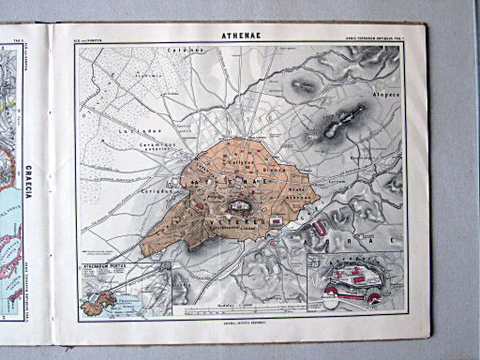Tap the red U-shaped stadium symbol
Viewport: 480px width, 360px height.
point(318,226)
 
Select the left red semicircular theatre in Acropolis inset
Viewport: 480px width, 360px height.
point(330,293)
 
